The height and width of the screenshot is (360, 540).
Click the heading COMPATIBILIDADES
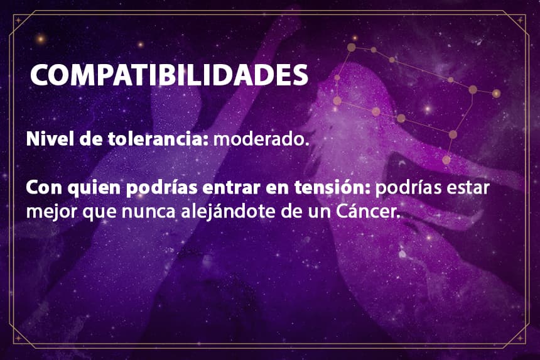pos(169,75)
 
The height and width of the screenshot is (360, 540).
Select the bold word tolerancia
pos(158,139)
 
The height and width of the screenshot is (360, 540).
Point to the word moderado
pos(259,139)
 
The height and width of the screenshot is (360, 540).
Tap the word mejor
pos(51,212)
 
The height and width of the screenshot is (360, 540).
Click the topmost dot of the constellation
pos(351,48)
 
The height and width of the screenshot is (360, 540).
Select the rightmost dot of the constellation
pos(496,94)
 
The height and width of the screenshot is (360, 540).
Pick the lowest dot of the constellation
pos(446,160)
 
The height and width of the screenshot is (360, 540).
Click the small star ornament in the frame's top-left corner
pos(18,20)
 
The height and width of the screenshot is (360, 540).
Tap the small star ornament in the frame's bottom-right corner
pos(520,339)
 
